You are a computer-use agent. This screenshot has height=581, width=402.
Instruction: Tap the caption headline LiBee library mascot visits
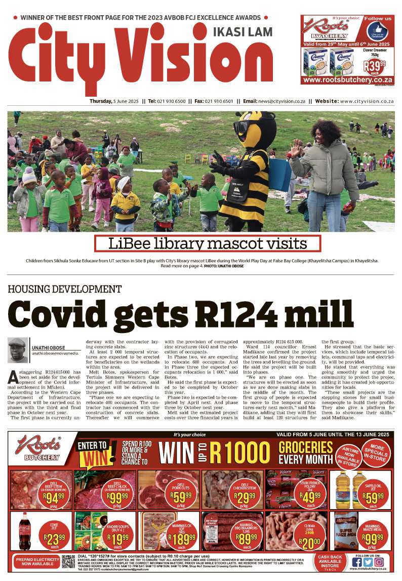[208, 244]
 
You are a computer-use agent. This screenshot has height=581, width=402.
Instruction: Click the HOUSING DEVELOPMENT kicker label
[64, 289]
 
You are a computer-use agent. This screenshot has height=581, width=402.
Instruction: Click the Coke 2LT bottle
[25, 530]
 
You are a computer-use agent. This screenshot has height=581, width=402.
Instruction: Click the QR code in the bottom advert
[68, 562]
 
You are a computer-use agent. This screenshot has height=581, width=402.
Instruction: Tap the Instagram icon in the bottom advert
[379, 561]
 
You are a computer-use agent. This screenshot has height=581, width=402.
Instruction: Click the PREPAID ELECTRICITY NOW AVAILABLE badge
[34, 562]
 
